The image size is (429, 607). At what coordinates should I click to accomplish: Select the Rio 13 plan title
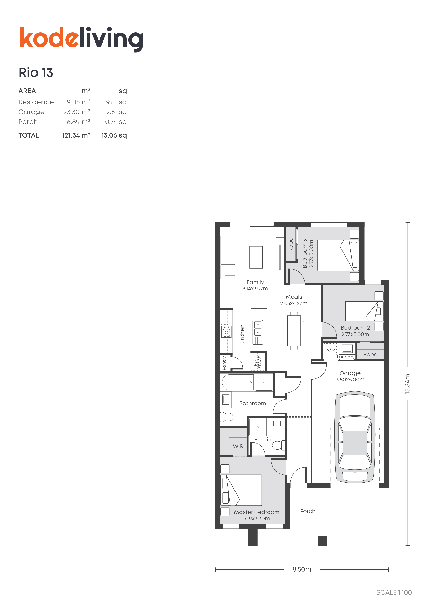[36, 73]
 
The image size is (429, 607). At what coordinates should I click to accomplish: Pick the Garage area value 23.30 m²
[77, 112]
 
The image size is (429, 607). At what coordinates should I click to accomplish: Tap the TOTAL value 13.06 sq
[114, 135]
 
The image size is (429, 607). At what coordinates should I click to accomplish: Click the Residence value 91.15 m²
[78, 102]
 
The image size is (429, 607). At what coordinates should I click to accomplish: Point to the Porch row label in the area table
[28, 122]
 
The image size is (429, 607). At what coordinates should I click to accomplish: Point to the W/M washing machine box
[330, 350]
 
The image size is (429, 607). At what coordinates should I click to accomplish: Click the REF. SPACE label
[257, 362]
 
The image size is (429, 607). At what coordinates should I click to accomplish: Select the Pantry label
[224, 363]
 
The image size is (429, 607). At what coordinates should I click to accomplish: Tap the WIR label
[238, 446]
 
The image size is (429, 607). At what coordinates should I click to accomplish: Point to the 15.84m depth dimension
[408, 384]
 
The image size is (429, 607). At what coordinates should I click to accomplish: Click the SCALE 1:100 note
[394, 592]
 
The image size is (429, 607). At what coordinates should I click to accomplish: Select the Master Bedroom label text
[256, 512]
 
